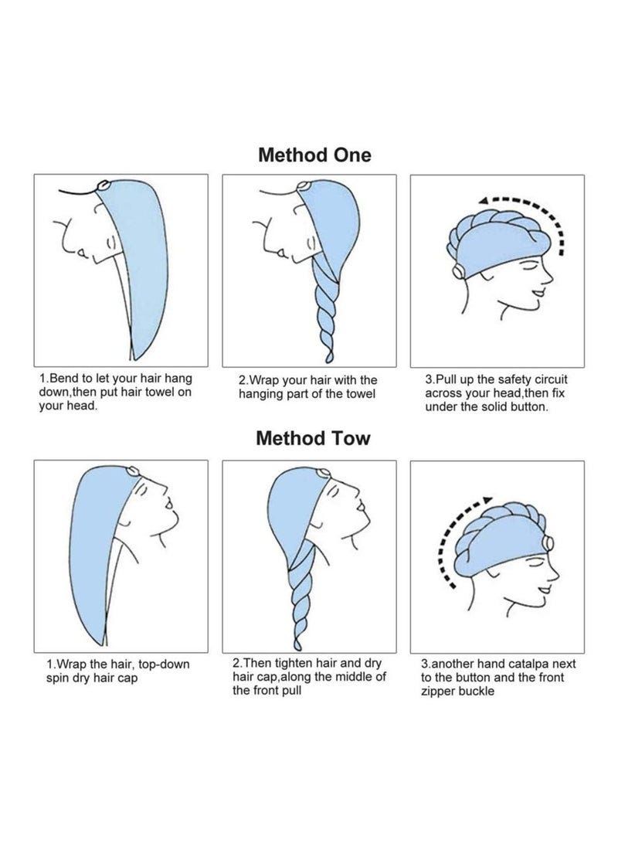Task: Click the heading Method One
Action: [314, 155]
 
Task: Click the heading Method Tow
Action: [313, 438]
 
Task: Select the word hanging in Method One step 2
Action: [260, 394]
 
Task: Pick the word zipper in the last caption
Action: [437, 692]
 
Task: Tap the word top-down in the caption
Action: [164, 665]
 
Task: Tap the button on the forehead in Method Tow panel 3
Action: [548, 543]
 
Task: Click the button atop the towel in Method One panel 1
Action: [103, 185]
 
